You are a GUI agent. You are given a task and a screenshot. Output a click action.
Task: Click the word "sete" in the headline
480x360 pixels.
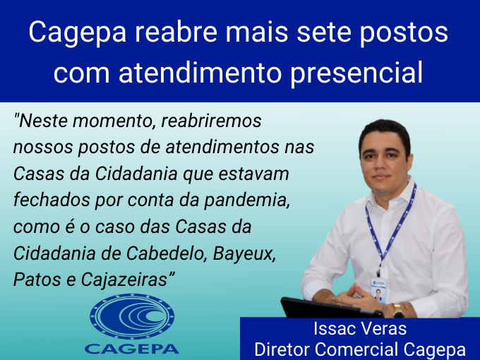323,32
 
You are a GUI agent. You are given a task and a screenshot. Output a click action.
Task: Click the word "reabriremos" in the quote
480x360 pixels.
211,121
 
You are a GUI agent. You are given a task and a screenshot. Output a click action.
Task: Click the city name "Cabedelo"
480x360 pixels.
165,254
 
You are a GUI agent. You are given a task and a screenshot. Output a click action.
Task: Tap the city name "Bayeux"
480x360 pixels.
244,254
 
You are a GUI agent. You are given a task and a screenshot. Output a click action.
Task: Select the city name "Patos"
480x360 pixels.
37,280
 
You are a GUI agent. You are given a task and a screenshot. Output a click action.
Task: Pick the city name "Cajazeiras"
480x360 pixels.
125,280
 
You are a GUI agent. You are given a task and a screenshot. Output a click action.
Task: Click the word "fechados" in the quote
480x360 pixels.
52,200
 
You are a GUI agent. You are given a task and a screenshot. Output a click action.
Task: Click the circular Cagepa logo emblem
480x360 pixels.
132,316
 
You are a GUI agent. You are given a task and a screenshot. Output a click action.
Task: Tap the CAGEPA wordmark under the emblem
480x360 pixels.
131,349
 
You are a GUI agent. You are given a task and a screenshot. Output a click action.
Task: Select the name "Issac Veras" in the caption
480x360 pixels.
360,329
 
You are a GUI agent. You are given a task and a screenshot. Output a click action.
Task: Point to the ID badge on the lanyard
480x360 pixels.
378,290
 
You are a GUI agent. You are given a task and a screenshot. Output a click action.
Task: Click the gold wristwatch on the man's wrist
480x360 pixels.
397,311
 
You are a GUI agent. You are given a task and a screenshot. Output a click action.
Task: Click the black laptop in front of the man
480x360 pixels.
330,308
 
